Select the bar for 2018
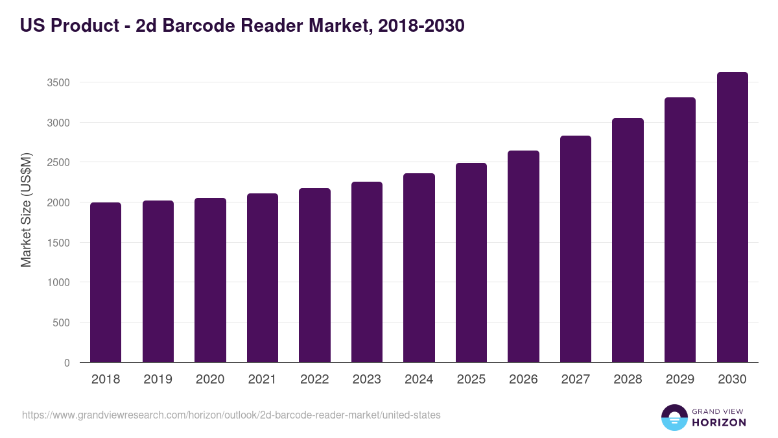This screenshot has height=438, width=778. (106, 282)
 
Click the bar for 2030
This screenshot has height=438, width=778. (732, 217)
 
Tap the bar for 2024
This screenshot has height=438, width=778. (419, 267)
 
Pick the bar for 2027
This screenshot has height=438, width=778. (576, 249)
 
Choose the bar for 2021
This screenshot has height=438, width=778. (263, 278)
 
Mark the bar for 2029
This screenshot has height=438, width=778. (680, 230)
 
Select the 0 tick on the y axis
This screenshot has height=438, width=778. (67, 363)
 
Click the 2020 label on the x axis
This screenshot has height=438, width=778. (210, 380)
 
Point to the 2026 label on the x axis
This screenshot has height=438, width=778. (523, 380)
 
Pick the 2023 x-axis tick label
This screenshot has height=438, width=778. (367, 380)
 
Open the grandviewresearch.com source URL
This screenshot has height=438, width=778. (231, 415)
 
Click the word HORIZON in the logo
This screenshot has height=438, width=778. (719, 422)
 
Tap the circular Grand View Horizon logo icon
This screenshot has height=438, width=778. (674, 417)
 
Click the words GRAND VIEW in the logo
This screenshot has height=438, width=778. (719, 411)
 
